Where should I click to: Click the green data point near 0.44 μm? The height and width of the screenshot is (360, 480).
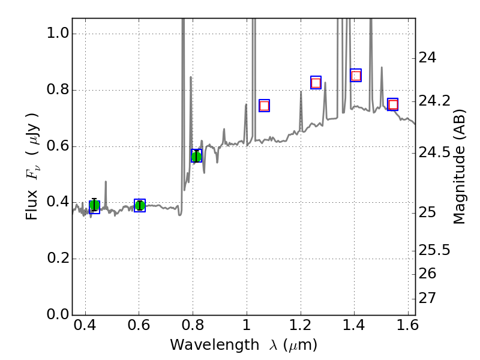[x=94, y=206]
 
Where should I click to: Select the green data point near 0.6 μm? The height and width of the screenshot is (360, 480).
[x=140, y=206]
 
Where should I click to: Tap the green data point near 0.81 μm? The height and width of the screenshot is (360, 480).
[x=196, y=156]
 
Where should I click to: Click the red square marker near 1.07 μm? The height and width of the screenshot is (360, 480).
[x=264, y=106]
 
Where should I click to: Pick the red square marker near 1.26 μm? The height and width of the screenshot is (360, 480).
[x=316, y=83]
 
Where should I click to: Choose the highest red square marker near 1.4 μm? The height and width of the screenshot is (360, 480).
[x=356, y=76]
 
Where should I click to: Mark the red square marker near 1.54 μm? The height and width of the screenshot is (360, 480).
[x=393, y=104]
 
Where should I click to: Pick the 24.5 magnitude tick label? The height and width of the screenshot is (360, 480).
[x=436, y=152]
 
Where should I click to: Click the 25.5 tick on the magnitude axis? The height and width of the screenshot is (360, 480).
[x=436, y=249]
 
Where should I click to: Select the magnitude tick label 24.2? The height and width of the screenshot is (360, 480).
[x=436, y=101]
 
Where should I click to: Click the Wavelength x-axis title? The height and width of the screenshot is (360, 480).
[x=243, y=345]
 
